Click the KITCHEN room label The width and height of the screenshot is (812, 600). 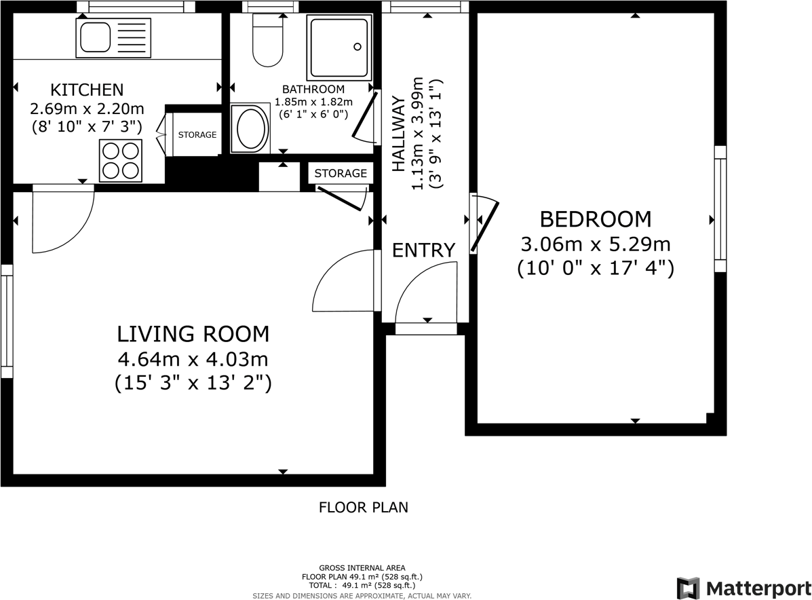87,90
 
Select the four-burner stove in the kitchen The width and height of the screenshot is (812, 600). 121,160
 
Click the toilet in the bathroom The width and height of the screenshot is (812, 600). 267,42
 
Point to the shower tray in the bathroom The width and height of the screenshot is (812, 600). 340,47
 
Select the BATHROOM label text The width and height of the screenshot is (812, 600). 313,89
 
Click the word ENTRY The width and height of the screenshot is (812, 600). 424,250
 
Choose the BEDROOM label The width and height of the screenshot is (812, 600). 595,219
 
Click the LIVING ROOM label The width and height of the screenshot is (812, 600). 193,334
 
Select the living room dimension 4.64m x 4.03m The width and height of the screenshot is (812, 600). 193,358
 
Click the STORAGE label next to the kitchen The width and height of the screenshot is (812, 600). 197,135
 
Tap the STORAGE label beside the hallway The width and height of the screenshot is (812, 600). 341,174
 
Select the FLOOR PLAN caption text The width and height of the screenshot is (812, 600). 364,507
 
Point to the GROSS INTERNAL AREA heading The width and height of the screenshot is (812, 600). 362,568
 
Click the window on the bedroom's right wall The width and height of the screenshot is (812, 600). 720,208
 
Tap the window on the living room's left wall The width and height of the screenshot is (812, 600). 7,321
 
